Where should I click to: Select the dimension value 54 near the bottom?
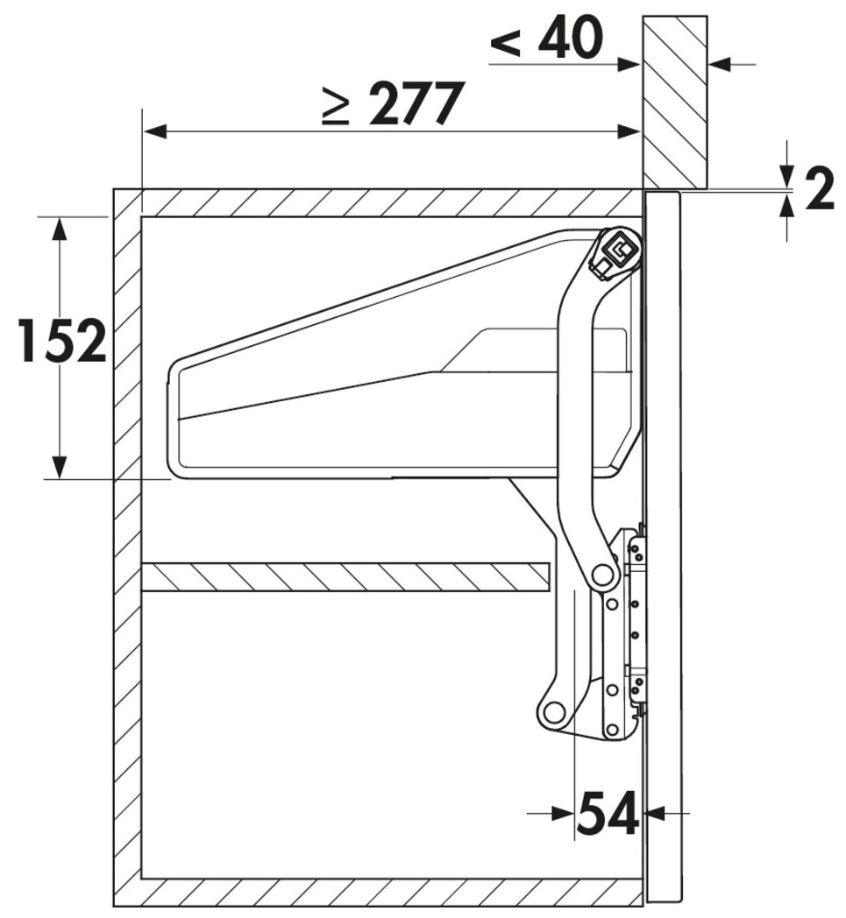tap(608, 813)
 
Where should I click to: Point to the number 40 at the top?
tap(571, 37)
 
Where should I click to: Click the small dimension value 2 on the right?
tap(820, 189)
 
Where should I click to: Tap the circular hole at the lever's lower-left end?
tap(553, 713)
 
